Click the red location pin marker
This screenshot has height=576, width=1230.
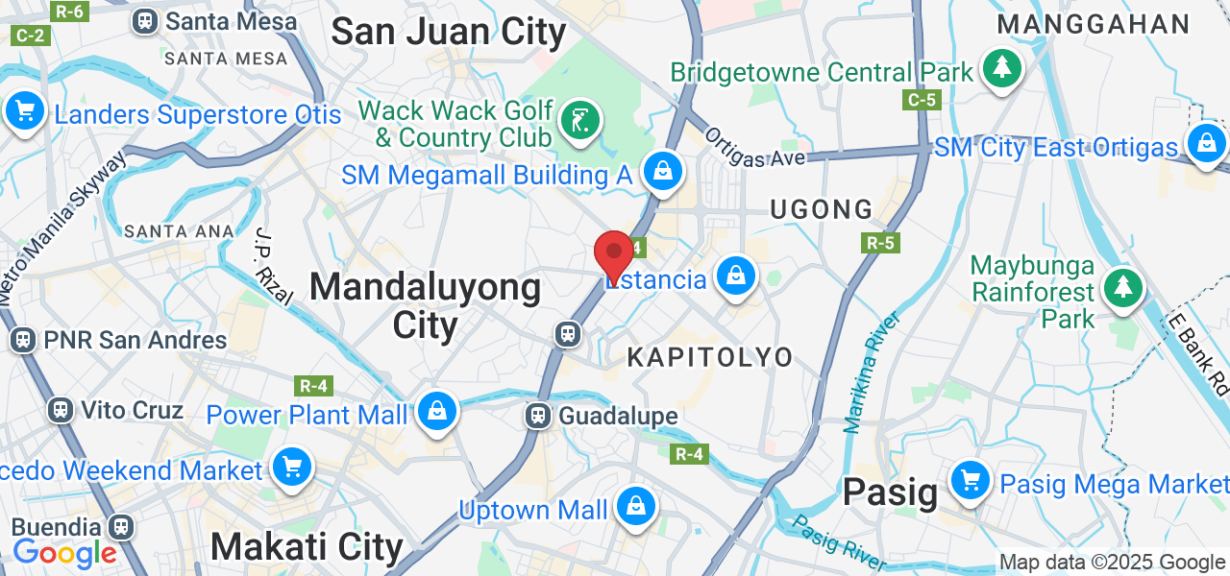click(x=613, y=255)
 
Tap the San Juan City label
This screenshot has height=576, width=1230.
click(x=448, y=32)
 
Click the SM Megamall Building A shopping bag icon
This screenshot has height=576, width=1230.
click(x=662, y=172)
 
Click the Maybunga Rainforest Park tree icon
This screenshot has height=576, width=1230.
click(x=1121, y=287)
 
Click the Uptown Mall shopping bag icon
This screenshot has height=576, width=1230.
click(x=635, y=506)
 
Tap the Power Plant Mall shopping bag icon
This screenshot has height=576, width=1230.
click(x=437, y=411)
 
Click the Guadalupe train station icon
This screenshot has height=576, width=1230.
click(x=537, y=416)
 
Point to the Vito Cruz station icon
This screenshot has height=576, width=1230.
click(x=61, y=410)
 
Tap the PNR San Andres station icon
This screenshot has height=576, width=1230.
click(x=22, y=339)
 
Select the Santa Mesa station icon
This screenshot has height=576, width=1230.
click(x=145, y=19)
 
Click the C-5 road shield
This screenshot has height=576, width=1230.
click(x=922, y=100)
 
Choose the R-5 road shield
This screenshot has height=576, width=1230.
click(x=880, y=243)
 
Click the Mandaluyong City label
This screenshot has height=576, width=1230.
click(x=426, y=305)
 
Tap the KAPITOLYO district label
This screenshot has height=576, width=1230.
click(x=710, y=357)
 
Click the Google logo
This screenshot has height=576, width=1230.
click(x=64, y=553)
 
